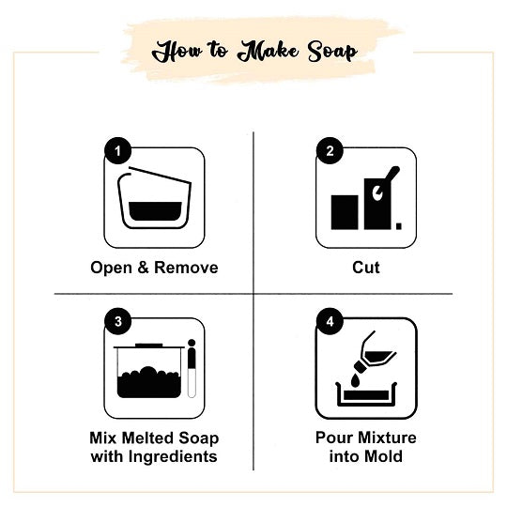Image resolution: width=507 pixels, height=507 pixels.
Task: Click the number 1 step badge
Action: click(x=117, y=150)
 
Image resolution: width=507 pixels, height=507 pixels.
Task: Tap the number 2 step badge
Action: click(x=330, y=150)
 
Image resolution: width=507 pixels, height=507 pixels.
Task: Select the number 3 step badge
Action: click(x=117, y=321)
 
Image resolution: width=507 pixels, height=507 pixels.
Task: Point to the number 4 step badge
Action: click(x=330, y=321)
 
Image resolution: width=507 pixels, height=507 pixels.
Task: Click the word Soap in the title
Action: click(x=332, y=52)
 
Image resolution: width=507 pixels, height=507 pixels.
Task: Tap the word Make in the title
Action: click(x=268, y=52)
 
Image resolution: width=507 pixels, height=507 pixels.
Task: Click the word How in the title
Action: click(x=177, y=52)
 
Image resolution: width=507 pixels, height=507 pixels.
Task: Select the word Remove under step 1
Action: click(x=186, y=268)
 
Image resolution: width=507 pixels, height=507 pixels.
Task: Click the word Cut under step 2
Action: click(x=366, y=268)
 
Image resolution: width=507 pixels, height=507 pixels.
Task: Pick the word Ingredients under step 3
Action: click(x=173, y=457)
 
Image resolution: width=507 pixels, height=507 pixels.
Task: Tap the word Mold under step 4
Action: click(x=383, y=456)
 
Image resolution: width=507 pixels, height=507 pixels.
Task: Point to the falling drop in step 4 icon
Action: click(x=355, y=379)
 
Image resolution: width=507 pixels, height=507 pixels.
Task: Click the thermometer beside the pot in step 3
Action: click(x=192, y=368)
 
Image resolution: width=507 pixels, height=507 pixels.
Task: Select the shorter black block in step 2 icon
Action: click(x=345, y=212)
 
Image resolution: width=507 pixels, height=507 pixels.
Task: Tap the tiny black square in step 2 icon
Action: click(x=399, y=226)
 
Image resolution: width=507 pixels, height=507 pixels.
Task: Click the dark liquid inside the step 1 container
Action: click(x=155, y=211)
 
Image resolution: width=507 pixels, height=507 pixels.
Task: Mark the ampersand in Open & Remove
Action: click(x=143, y=268)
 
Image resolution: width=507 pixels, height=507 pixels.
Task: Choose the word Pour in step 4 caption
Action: click(x=332, y=438)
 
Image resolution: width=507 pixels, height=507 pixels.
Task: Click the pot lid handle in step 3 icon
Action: click(x=149, y=345)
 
